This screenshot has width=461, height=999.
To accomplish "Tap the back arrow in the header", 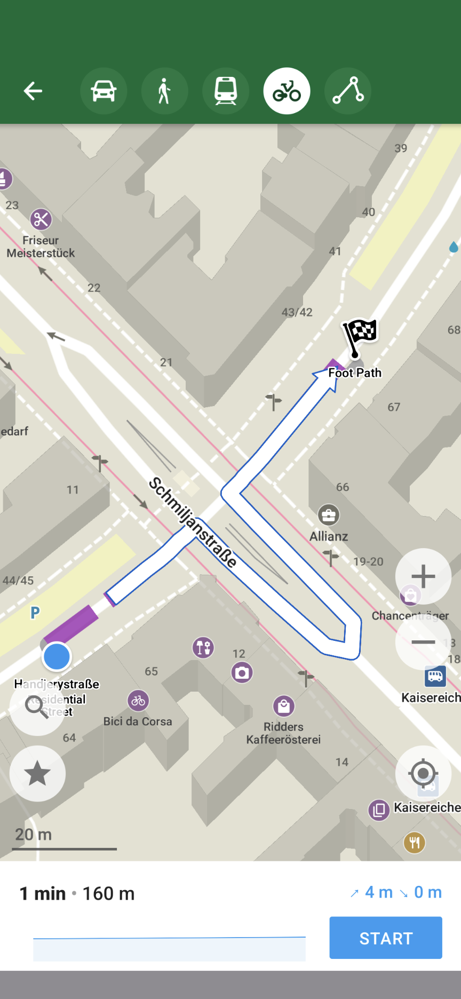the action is [33, 91].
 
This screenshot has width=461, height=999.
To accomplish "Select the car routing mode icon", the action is [104, 91].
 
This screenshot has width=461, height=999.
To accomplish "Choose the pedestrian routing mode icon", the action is [164, 91].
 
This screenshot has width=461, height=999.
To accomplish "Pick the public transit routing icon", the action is [226, 91].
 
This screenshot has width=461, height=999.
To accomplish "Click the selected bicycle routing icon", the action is [287, 91].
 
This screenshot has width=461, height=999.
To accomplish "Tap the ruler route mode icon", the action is [348, 91].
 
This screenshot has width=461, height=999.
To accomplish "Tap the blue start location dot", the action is [57, 656].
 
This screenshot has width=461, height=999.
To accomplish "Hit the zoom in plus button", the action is [423, 576].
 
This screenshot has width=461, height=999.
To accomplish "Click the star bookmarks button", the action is [37, 773].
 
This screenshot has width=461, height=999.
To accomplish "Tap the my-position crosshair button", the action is [423, 773].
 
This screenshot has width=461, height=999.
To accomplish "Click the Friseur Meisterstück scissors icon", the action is [41, 219].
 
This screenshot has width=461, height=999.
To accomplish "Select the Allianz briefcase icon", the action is [329, 515].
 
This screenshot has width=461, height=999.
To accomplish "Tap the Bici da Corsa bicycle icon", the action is [138, 701].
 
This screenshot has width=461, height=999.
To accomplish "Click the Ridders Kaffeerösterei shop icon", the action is [284, 707].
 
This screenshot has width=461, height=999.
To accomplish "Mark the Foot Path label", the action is [355, 373].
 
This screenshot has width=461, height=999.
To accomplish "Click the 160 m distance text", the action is [109, 893].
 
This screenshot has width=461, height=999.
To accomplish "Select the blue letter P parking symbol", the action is [35, 613].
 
